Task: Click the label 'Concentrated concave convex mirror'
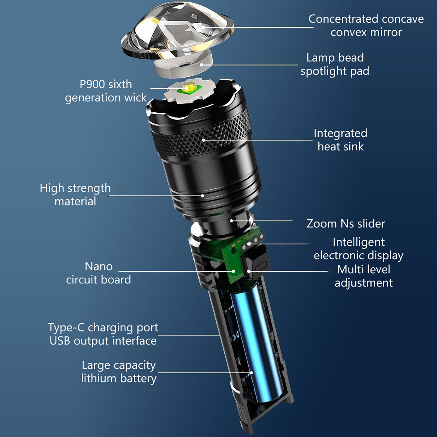point(366,26)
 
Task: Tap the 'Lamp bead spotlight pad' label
point(335,64)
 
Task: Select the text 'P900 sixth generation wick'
point(106,91)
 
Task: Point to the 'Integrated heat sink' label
point(341,140)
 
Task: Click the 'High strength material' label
point(75,195)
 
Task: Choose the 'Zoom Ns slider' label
point(346,224)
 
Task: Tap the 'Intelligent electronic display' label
point(359,249)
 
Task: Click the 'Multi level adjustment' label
point(364,276)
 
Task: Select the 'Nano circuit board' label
point(99,273)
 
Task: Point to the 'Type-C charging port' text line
point(103,328)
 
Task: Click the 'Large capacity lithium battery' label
point(119,372)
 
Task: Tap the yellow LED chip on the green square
point(188,88)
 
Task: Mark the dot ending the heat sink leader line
point(204,140)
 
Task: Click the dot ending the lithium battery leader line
point(251,373)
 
